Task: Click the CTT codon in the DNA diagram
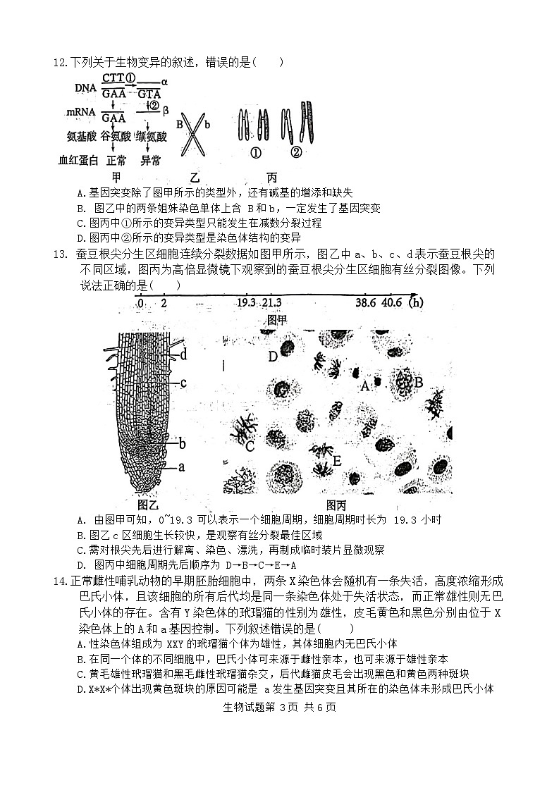(112, 78)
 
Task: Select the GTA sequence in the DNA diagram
(149, 93)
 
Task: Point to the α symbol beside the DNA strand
(164, 82)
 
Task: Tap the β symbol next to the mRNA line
(165, 111)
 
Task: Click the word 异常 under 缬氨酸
(151, 161)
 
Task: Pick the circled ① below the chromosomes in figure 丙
(257, 152)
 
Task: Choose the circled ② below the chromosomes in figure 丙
(296, 152)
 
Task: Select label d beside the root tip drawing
(183, 354)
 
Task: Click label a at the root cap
(181, 467)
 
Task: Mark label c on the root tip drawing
(183, 383)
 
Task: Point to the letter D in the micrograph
(273, 357)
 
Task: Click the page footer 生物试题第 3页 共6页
(279, 708)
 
